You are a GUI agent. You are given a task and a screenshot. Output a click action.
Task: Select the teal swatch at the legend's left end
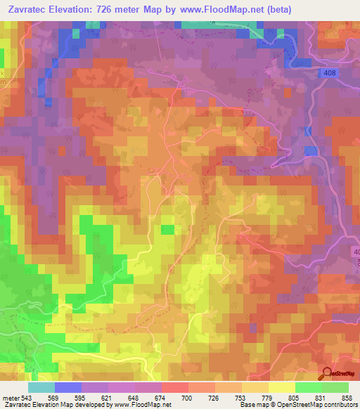coord(41,387)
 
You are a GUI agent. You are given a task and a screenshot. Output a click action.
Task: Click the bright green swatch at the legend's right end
coord(335,387)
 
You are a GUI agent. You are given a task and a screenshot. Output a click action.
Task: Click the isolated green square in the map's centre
coord(167,229)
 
